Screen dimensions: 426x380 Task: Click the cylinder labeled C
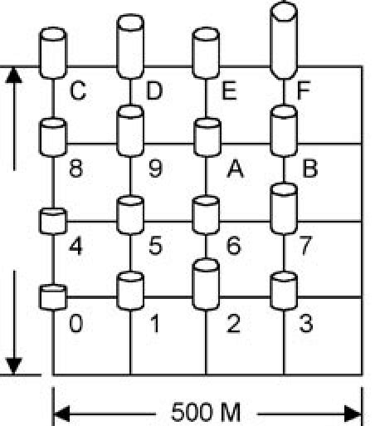coord(53,51)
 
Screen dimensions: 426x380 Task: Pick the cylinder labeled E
coord(206,51)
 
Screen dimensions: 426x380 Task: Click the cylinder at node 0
coord(53,296)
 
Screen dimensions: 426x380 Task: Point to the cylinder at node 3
coord(284,290)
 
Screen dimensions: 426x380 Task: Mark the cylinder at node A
coord(206,137)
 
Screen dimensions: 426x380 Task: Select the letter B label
coord(310,170)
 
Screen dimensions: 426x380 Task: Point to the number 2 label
coord(233,323)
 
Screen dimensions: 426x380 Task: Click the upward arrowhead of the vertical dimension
coord(14,76)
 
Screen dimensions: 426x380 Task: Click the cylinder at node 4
coord(53,222)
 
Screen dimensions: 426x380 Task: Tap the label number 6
coord(233,246)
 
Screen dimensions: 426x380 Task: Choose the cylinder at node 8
coord(53,135)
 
